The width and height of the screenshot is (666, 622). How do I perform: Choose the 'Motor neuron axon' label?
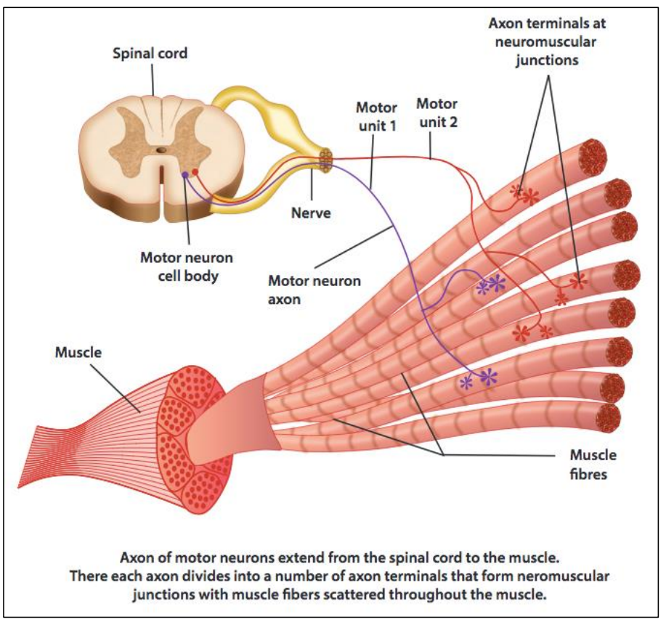(314, 289)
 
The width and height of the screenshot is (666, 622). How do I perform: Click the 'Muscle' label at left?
(78, 353)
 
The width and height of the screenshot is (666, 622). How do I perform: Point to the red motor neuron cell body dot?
(195, 171)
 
